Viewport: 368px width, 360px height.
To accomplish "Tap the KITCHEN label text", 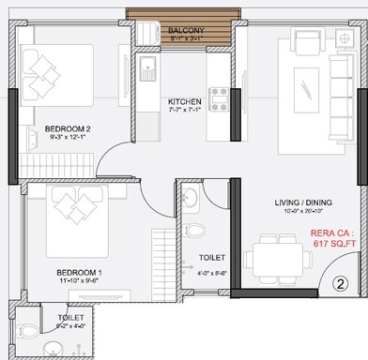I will coord(184,101).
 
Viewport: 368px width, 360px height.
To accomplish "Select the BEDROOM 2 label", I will coord(67,128).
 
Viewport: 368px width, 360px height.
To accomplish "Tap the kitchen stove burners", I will coord(219,94).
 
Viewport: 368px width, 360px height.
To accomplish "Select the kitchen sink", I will coord(148,68).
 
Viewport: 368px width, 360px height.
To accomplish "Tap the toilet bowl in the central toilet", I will coord(194,229).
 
